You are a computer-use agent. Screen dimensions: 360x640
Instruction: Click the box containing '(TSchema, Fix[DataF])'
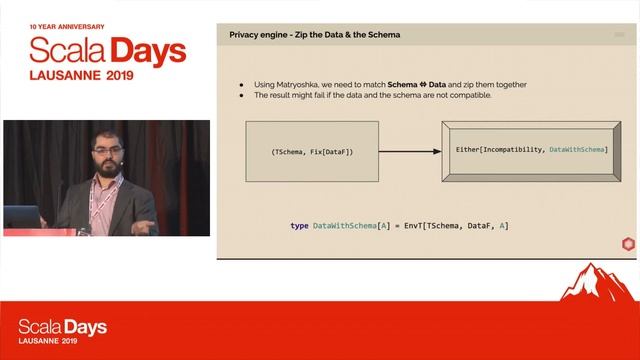pyautogui.click(x=312, y=151)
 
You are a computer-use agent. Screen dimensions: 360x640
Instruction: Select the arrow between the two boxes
pyautogui.click(x=409, y=151)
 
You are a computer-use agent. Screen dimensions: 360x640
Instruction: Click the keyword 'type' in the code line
pyautogui.click(x=299, y=226)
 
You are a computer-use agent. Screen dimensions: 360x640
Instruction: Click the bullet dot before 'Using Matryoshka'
pyautogui.click(x=242, y=84)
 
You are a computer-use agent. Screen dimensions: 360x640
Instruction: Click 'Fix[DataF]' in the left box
pyautogui.click(x=328, y=151)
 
